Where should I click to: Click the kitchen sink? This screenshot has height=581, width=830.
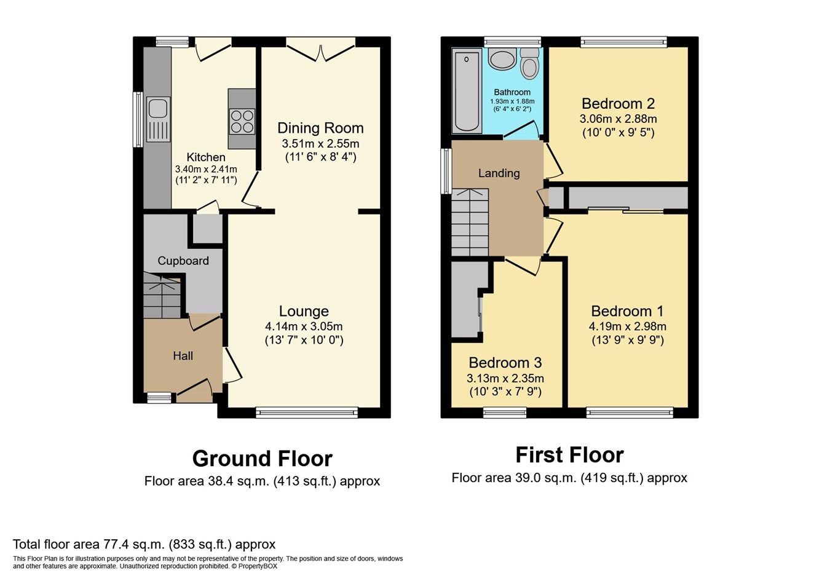click(x=158, y=119)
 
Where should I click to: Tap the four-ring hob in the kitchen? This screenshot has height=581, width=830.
click(x=242, y=121)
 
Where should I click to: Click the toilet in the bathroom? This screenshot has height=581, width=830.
click(x=528, y=65)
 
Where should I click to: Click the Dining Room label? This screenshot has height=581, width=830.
click(x=320, y=128)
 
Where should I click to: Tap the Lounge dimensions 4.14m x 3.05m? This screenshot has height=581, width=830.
click(x=304, y=326)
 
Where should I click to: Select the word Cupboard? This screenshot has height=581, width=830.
click(x=183, y=261)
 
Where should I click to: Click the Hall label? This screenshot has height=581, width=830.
click(x=183, y=356)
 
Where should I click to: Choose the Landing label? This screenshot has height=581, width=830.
click(x=499, y=173)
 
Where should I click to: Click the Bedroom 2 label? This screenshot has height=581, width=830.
click(x=618, y=103)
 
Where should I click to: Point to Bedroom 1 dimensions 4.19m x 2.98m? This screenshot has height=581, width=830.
click(x=627, y=326)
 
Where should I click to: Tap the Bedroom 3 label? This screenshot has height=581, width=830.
click(x=505, y=363)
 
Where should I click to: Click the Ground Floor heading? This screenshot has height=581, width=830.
click(x=262, y=459)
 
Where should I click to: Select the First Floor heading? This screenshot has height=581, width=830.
click(x=569, y=455)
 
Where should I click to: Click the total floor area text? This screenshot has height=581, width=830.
click(x=144, y=544)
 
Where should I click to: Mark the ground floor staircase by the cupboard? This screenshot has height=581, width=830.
click(x=162, y=299)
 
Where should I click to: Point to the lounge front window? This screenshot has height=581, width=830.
click(x=307, y=413)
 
